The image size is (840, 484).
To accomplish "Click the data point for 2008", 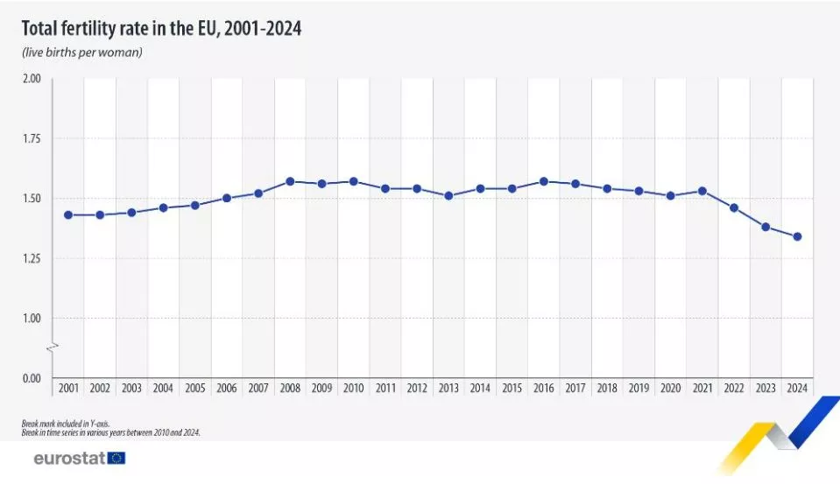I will coord(290,181).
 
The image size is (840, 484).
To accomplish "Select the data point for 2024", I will coord(797,236).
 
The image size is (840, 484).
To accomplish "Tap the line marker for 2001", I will coord(68,214).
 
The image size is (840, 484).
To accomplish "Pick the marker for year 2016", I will coord(544,181).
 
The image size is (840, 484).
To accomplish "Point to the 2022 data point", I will coord(734,207).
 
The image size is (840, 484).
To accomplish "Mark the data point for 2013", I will coord(448,196).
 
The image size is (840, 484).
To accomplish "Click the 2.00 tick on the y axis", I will coord(32,79).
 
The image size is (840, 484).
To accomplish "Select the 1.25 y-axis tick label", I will coord(32,258).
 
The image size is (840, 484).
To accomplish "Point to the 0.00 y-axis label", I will coord(32,378).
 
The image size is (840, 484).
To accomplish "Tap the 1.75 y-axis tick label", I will coord(32,138).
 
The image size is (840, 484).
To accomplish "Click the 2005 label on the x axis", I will coord(194,388).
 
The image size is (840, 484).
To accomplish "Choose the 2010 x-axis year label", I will coord(353,388).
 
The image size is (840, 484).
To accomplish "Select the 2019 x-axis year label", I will coord(639,388).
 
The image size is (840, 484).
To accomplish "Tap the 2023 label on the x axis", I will coord(766,388).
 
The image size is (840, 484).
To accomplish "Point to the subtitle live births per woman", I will coord(82,53).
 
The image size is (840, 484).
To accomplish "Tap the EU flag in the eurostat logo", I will coord(116,458).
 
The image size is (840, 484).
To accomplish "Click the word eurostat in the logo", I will coord(68,458).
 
